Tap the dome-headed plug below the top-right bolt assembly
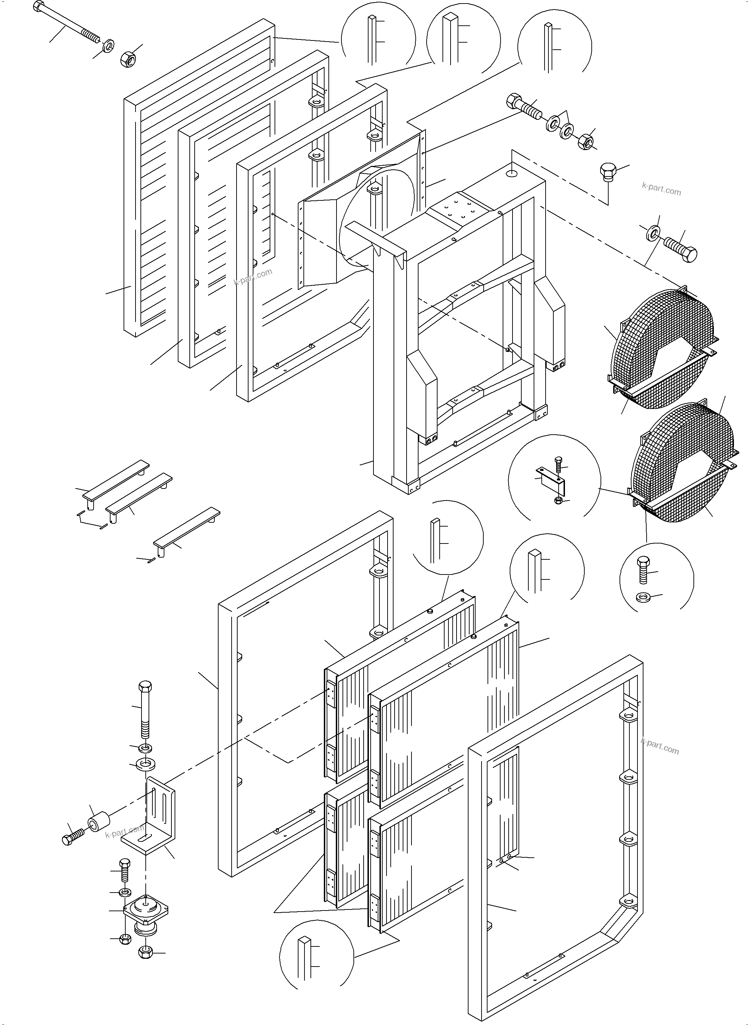coord(608,172)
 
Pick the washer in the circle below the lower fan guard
coord(642,598)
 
